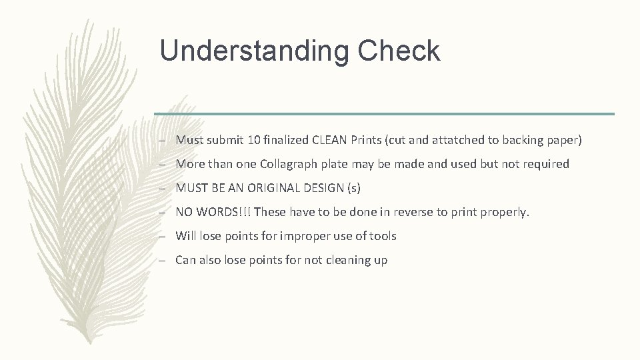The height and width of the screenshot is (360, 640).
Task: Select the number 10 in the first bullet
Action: click(253, 140)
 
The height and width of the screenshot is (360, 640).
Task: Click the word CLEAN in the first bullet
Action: click(327, 140)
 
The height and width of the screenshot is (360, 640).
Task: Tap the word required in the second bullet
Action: click(547, 164)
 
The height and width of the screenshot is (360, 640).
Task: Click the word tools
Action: click(381, 236)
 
